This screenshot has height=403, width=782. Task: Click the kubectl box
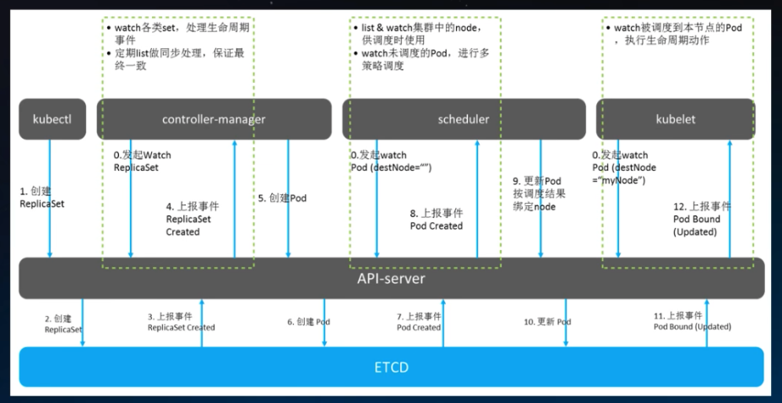(x=52, y=119)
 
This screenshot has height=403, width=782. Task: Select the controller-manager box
(x=214, y=119)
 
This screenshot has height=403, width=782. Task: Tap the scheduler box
(x=464, y=119)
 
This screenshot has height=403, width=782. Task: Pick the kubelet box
(x=676, y=119)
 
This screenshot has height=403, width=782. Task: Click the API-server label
(x=392, y=278)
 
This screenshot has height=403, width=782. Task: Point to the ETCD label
(x=392, y=368)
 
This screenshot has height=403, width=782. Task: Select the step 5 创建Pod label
(x=282, y=198)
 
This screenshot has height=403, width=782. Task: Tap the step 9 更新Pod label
(x=537, y=193)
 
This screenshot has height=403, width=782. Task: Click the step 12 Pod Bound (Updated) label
(x=698, y=219)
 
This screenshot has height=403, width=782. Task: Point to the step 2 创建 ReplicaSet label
(x=63, y=324)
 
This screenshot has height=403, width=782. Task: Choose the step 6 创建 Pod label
(x=309, y=322)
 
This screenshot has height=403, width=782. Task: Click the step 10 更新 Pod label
(x=547, y=322)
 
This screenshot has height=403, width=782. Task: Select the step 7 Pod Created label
(x=419, y=322)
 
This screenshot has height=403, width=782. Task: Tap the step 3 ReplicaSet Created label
(x=181, y=322)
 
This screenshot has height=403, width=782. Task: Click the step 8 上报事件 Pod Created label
(x=437, y=220)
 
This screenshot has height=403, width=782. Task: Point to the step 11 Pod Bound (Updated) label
(x=692, y=321)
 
